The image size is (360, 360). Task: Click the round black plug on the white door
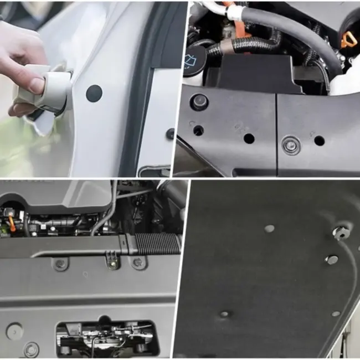pos(94,93)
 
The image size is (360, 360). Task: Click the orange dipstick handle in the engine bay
pos(347,39)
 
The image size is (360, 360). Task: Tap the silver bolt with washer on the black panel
pos(291,145)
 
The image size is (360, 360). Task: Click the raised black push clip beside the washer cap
pos(199,101)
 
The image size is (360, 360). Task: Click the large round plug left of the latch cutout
pos(14,331)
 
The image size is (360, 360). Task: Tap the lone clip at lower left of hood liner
pos(224,314)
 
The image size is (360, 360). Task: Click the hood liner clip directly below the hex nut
pos(331,259)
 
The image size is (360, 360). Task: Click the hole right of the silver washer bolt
pos(319,141)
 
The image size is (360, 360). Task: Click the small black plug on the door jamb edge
pos(170,133)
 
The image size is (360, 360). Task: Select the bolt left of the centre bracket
pos(60,263)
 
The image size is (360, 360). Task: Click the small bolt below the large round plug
pos(32,349)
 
